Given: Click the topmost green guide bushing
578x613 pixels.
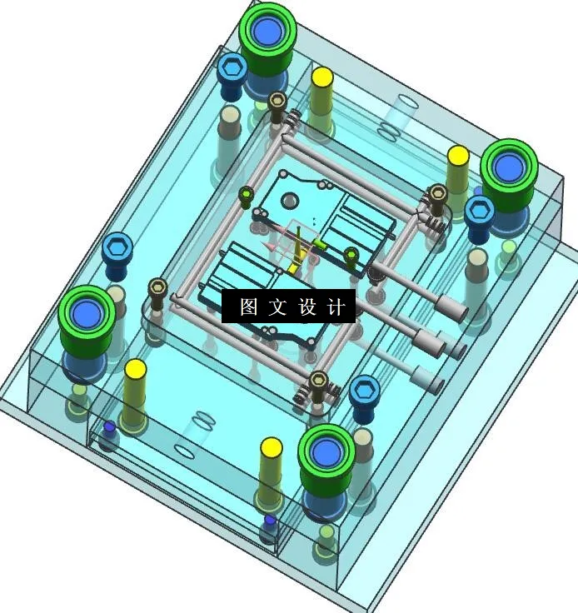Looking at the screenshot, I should [267, 32].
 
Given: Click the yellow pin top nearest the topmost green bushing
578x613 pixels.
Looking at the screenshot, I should [322, 77].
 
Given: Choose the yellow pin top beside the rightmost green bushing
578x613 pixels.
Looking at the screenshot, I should [458, 156].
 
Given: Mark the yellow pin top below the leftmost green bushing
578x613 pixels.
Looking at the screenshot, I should [135, 369].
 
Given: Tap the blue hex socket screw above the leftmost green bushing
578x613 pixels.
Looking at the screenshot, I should [117, 247].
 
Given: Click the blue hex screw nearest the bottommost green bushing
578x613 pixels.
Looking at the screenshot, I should [364, 389].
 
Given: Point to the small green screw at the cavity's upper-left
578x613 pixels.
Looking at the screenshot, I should [246, 196].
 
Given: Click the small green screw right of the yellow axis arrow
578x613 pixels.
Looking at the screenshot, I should [351, 255].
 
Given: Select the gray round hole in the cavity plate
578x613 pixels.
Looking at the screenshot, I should [290, 201].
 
